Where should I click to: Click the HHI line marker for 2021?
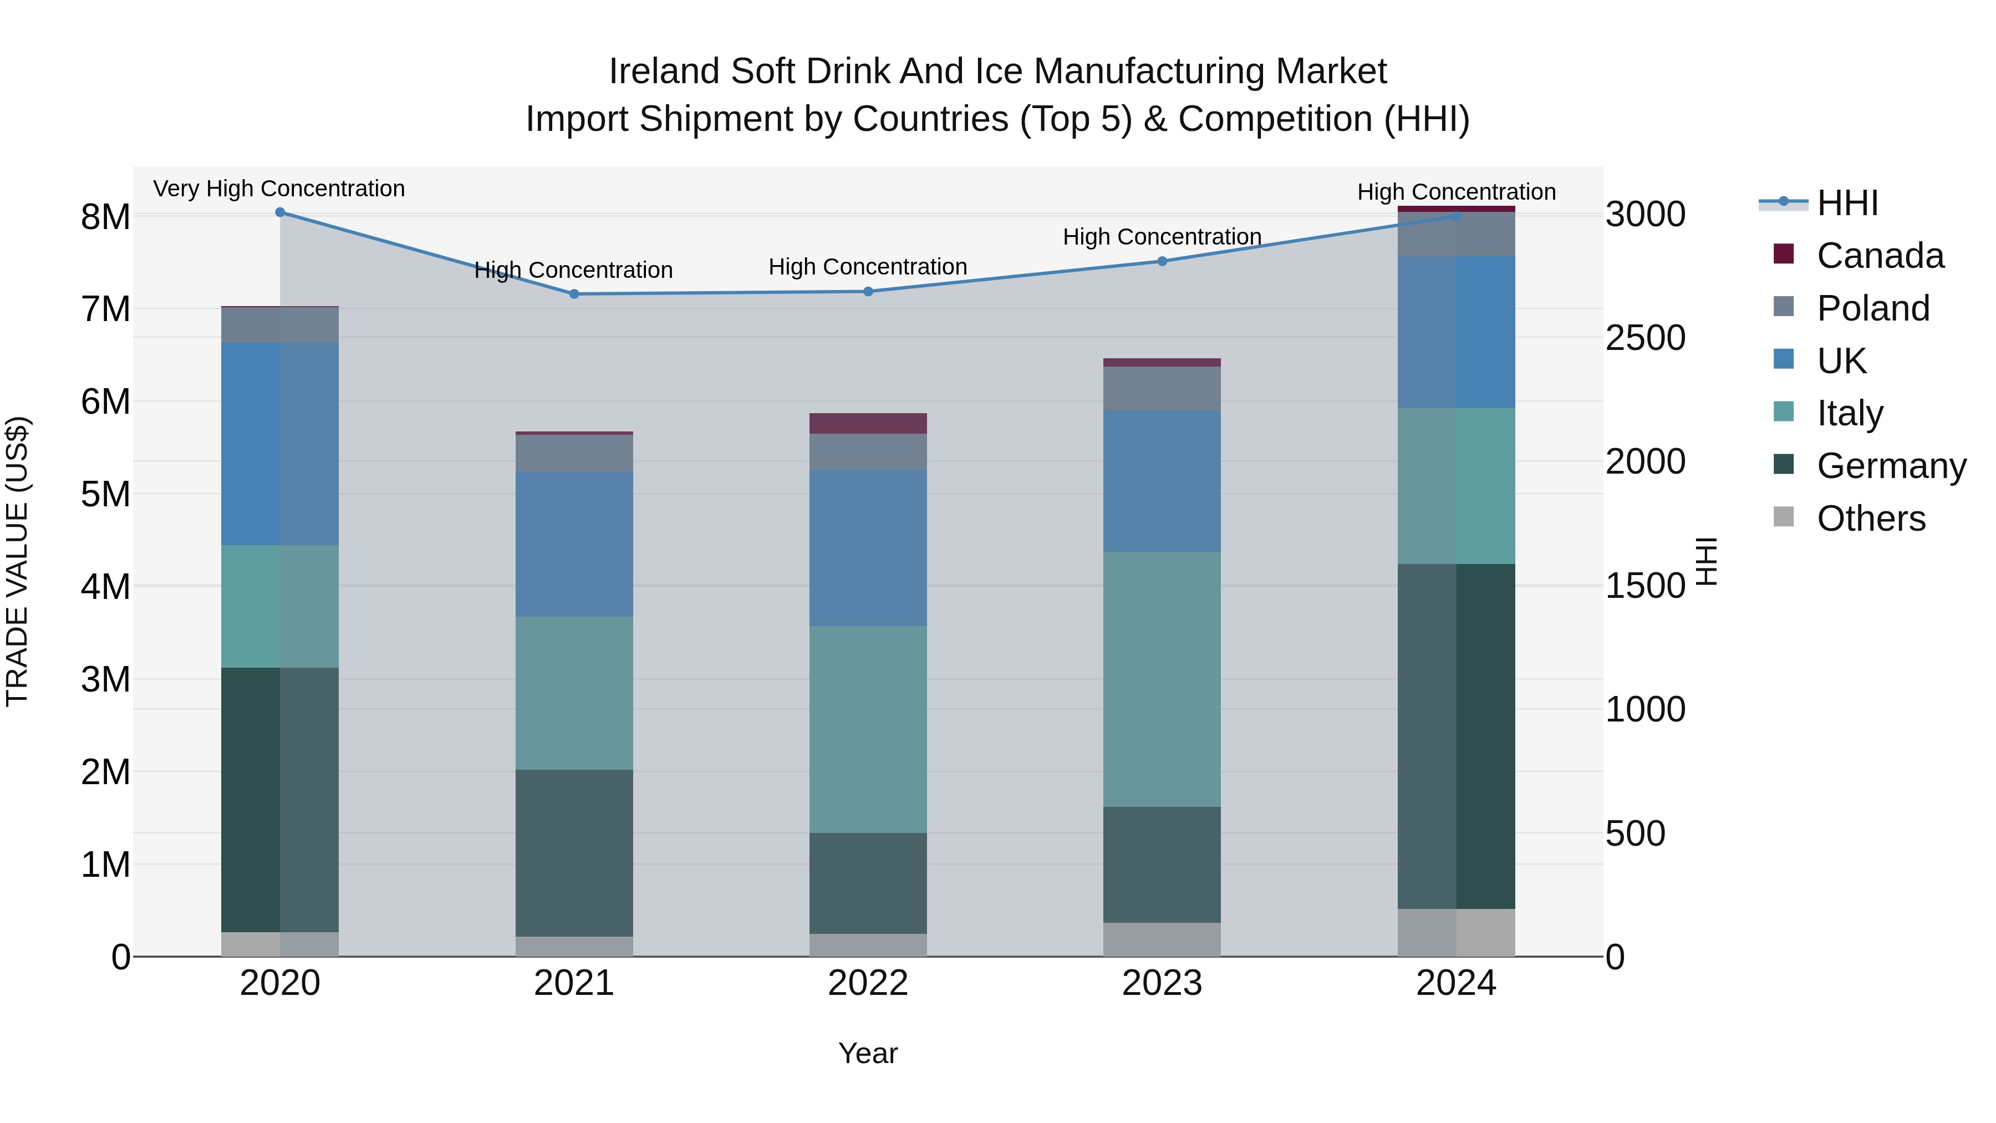point(574,294)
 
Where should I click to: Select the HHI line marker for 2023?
point(1162,261)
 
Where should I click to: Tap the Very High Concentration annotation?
point(279,189)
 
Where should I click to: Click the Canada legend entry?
point(1880,256)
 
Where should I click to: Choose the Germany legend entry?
point(1891,466)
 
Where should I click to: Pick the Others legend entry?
point(1871,519)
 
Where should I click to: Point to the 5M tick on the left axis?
point(105,494)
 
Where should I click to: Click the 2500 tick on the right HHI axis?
point(1645,338)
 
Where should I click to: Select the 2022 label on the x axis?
point(868,983)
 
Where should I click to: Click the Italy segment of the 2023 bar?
point(1162,679)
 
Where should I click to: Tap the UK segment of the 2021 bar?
point(574,543)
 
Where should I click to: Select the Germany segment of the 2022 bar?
point(868,883)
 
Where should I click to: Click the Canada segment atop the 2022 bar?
point(868,423)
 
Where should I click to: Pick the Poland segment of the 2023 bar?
point(1162,388)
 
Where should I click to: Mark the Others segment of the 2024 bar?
point(1456,932)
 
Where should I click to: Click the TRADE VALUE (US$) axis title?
point(17,561)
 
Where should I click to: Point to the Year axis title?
point(868,1053)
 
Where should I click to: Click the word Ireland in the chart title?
point(664,72)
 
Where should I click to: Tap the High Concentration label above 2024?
point(1456,191)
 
